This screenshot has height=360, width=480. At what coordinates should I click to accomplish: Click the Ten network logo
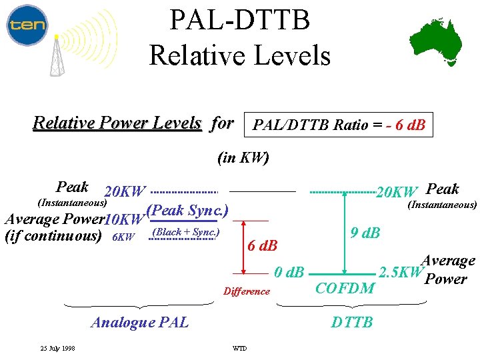point(27,25)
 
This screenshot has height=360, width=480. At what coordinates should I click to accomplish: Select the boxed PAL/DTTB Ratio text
point(339,125)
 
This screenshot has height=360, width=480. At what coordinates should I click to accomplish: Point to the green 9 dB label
point(365,233)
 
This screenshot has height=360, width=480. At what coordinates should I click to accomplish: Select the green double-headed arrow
point(345,233)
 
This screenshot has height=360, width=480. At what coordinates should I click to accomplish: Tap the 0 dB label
point(289,273)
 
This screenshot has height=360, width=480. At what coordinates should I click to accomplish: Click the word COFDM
point(344,288)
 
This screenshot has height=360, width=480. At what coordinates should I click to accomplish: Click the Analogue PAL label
point(139,323)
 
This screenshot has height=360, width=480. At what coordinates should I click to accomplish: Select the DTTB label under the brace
point(352,323)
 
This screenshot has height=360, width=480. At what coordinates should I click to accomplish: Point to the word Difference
point(247,291)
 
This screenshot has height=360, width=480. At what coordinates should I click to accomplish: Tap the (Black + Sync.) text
point(186,232)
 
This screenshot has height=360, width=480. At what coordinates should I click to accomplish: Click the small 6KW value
point(123,237)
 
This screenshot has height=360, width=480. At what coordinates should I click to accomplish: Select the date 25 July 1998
point(57,348)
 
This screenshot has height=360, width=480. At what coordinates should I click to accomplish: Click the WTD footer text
point(239,349)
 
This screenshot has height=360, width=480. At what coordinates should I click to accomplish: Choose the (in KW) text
point(243,158)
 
